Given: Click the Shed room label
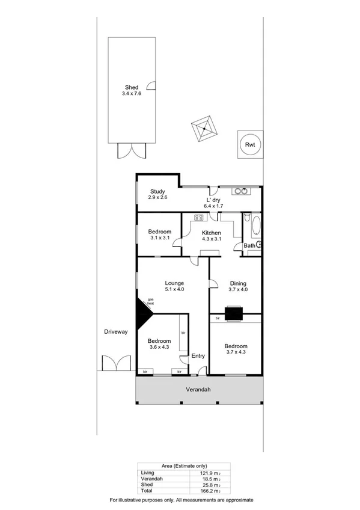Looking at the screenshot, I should tap(130, 87).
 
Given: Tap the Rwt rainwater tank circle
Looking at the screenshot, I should tap(249, 144).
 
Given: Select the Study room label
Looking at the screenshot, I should tap(157, 192).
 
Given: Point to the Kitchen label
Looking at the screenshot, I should tap(211, 233).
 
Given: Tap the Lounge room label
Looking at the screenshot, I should tap(175, 283).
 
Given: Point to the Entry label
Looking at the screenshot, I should tap(198, 356).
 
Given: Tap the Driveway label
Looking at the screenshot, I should tap(115, 331).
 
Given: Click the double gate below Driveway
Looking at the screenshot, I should tap(116, 363).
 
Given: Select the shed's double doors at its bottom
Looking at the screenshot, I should tap(131, 150).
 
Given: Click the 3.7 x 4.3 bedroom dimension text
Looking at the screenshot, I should tap(236, 354).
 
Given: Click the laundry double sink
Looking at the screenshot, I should tap(240, 192).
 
